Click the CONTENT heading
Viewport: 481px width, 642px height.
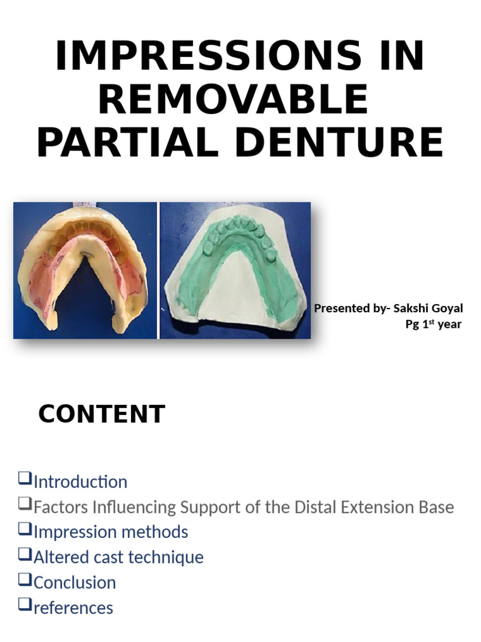[101, 414]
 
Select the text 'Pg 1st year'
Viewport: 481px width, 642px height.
[433, 324]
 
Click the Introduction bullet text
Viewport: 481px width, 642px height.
[80, 482]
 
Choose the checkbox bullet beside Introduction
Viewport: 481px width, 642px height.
[24, 479]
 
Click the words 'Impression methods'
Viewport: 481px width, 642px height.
[110, 532]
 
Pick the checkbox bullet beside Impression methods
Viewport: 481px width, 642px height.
[24, 529]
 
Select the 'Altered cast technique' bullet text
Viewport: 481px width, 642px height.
[118, 557]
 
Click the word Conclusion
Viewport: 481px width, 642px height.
[75, 582]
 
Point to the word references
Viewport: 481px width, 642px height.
[73, 608]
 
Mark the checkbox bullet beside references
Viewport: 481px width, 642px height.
[24, 604]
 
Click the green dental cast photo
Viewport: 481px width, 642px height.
[235, 270]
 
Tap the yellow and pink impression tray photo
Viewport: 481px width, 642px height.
[85, 270]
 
